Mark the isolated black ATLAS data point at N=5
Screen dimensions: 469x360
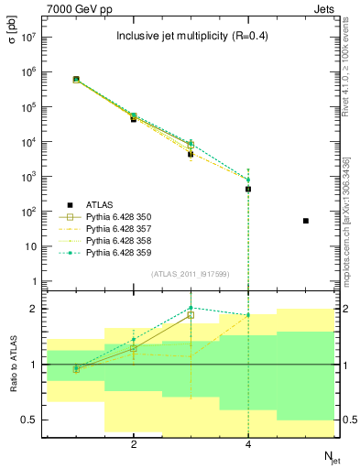pos(306,221)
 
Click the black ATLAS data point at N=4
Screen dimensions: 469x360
pos(248,189)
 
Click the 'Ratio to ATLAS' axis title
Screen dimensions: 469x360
pos(13,365)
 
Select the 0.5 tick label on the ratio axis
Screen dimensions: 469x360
pos(28,420)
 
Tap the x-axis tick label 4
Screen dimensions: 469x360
pos(248,445)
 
